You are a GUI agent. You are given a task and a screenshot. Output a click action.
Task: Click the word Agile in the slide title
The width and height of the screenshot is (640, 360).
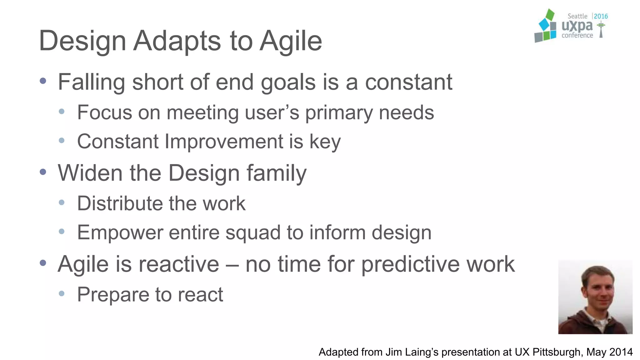[x=291, y=41]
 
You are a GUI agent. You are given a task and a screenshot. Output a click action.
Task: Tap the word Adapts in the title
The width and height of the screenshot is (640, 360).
[x=177, y=41]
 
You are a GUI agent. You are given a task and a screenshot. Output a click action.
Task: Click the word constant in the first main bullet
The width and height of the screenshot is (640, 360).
[x=408, y=82]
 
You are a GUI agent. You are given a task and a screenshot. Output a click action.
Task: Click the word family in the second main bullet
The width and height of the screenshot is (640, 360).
[x=276, y=173]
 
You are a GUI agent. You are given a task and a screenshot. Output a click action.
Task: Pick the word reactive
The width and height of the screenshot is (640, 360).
[x=179, y=264]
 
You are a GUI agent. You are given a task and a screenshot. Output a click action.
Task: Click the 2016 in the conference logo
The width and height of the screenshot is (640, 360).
[x=601, y=16]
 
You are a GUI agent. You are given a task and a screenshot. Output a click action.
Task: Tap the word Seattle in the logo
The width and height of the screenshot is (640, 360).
[x=577, y=16]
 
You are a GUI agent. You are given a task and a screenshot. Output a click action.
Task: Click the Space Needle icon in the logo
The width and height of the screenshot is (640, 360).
[x=601, y=30]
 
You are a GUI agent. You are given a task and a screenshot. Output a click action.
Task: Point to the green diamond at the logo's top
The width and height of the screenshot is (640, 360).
[x=550, y=15]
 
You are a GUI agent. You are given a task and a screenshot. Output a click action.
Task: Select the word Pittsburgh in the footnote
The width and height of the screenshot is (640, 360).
[x=557, y=352]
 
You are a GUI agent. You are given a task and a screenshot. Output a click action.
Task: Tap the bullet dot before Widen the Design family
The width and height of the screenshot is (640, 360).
[x=43, y=172]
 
